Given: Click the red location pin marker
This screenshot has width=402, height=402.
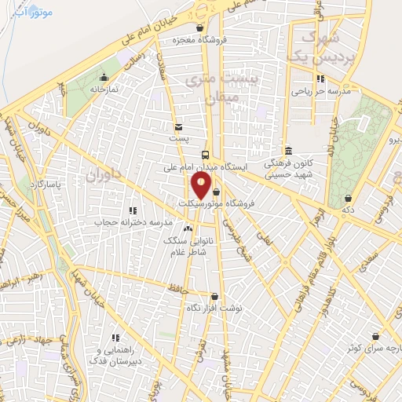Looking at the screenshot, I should (x=201, y=185).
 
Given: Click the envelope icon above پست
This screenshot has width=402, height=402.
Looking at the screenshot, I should (x=179, y=126).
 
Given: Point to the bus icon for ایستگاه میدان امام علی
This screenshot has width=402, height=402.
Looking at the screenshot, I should (x=205, y=155).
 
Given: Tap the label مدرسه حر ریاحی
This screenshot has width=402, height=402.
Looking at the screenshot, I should (x=320, y=91).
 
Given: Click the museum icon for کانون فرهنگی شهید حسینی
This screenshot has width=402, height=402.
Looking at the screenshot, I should (x=287, y=151).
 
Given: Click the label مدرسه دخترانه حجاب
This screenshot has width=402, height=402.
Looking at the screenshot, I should (x=133, y=223).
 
